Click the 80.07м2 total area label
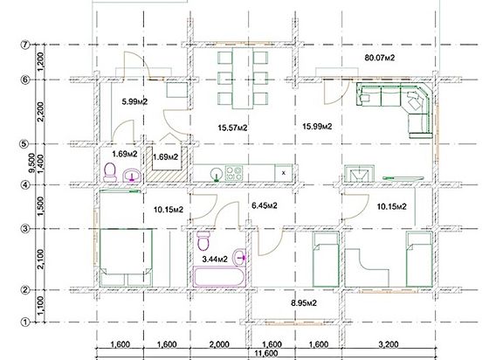(x=380, y=58)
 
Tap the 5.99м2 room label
(x=134, y=101)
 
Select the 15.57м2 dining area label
(x=232, y=128)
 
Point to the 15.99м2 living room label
(x=317, y=127)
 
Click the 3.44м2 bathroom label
(x=215, y=259)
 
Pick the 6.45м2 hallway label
(x=264, y=205)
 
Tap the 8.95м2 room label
(x=304, y=303)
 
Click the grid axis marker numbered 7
(x=25, y=45)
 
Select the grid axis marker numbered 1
(x=25, y=322)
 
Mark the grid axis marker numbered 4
(x=25, y=185)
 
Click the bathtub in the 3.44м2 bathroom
(x=219, y=276)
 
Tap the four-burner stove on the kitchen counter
(x=234, y=173)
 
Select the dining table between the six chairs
(x=243, y=78)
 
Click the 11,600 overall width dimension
(x=266, y=354)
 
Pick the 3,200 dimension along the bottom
(x=389, y=344)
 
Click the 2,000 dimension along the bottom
(x=219, y=344)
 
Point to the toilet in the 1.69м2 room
(x=110, y=172)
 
